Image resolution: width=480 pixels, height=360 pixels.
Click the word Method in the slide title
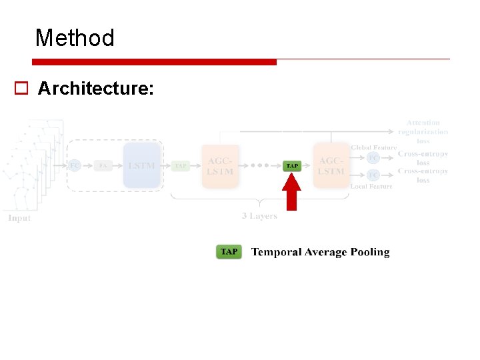[x=75, y=38]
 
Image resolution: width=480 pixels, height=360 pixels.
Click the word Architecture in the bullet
[x=95, y=88]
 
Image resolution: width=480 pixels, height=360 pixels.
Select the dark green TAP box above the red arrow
[x=292, y=165]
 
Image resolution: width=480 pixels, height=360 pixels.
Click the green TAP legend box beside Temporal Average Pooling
[x=229, y=252]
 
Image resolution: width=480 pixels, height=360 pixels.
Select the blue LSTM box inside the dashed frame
[x=141, y=165]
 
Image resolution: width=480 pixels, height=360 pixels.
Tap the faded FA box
[x=103, y=165]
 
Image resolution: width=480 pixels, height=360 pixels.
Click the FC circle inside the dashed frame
[x=75, y=165]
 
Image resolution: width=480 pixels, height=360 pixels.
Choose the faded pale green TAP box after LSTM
[x=181, y=165]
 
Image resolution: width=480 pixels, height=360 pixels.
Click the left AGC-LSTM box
[x=220, y=166]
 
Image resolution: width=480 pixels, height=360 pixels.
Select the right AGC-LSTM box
[x=331, y=166]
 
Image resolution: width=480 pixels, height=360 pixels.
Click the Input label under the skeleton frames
[x=19, y=218]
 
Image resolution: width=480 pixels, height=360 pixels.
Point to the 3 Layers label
[x=259, y=215]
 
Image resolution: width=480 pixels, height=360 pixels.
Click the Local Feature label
[x=371, y=186]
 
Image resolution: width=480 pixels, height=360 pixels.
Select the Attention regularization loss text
[x=423, y=131]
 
